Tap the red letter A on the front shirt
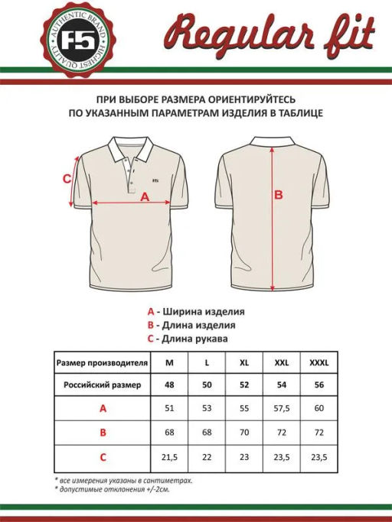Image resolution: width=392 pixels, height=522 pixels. (x=145, y=196)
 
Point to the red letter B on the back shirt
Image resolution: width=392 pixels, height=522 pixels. (x=279, y=195)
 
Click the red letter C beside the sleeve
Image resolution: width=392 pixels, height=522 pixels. (x=67, y=179)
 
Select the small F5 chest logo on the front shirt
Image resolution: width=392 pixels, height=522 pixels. (x=156, y=181)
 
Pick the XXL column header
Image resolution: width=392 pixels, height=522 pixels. (x=282, y=362)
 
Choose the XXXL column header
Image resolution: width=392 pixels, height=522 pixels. (x=319, y=362)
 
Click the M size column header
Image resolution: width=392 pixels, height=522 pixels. (x=170, y=362)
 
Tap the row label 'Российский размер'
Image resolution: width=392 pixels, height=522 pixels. (x=103, y=384)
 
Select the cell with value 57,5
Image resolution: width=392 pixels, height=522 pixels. (x=282, y=409)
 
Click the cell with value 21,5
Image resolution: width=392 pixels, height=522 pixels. (x=170, y=457)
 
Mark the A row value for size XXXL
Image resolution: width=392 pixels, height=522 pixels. (x=319, y=409)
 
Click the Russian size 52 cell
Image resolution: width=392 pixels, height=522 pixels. (x=244, y=384)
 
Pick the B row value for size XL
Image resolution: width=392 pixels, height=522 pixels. (x=244, y=433)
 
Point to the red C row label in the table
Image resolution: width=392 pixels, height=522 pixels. (x=103, y=457)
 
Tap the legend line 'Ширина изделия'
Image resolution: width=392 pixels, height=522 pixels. (x=201, y=312)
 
